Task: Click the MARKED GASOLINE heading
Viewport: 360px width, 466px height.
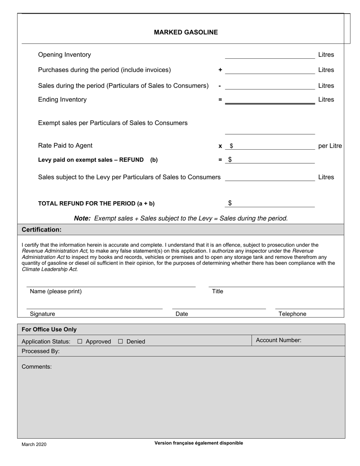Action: pyautogui.click(x=186, y=32)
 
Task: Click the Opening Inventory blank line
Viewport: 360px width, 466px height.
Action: pyautogui.click(x=270, y=55)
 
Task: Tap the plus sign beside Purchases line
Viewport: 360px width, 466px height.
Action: pyautogui.click(x=220, y=70)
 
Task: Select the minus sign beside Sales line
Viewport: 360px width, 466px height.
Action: pyautogui.click(x=220, y=86)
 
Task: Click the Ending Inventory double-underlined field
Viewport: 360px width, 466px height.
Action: pyautogui.click(x=270, y=100)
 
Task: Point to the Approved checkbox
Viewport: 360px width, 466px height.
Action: pyautogui.click(x=80, y=341)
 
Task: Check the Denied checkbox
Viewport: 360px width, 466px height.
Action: pyautogui.click(x=121, y=341)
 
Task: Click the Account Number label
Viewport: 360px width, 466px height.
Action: pyautogui.click(x=279, y=340)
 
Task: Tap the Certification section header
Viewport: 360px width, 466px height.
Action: pyautogui.click(x=42, y=230)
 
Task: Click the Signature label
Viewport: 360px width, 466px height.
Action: pyautogui.click(x=42, y=314)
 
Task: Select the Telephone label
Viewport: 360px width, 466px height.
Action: pyautogui.click(x=292, y=314)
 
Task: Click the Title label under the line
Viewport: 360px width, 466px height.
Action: pyautogui.click(x=218, y=291)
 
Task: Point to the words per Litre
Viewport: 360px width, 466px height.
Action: pyautogui.click(x=330, y=146)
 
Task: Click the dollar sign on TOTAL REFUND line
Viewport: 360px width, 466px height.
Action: pyautogui.click(x=230, y=203)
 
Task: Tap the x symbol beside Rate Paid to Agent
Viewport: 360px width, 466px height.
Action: pyautogui.click(x=220, y=146)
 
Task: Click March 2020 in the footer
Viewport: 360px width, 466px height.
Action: pyautogui.click(x=34, y=444)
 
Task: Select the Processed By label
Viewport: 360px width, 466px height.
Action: pyautogui.click(x=41, y=351)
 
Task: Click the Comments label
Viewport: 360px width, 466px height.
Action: pyautogui.click(x=37, y=367)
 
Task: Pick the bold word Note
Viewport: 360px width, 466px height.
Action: pyautogui.click(x=82, y=218)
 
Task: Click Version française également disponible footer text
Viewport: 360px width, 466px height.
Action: pyautogui.click(x=199, y=443)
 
